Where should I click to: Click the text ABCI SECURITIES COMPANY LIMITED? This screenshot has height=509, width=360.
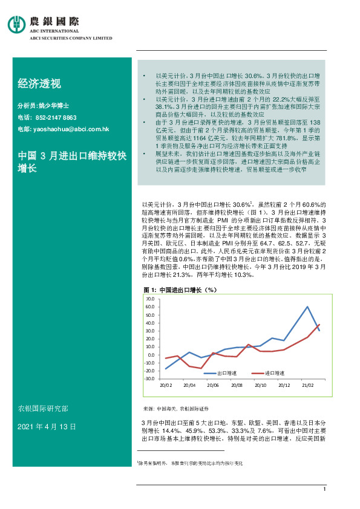[71, 37]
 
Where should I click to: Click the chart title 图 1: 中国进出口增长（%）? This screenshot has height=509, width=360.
[180, 290]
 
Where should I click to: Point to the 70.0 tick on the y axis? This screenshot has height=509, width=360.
[150, 299]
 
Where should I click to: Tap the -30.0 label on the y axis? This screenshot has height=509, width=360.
[149, 378]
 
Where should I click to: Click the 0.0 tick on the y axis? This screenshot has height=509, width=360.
[151, 354]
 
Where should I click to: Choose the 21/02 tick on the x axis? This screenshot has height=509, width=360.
[307, 384]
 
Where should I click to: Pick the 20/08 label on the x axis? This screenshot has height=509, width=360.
[237, 384]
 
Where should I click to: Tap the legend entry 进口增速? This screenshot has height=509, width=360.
[269, 374]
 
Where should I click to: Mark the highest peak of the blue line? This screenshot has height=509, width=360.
[307, 307]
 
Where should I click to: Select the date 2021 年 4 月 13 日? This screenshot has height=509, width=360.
[47, 427]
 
